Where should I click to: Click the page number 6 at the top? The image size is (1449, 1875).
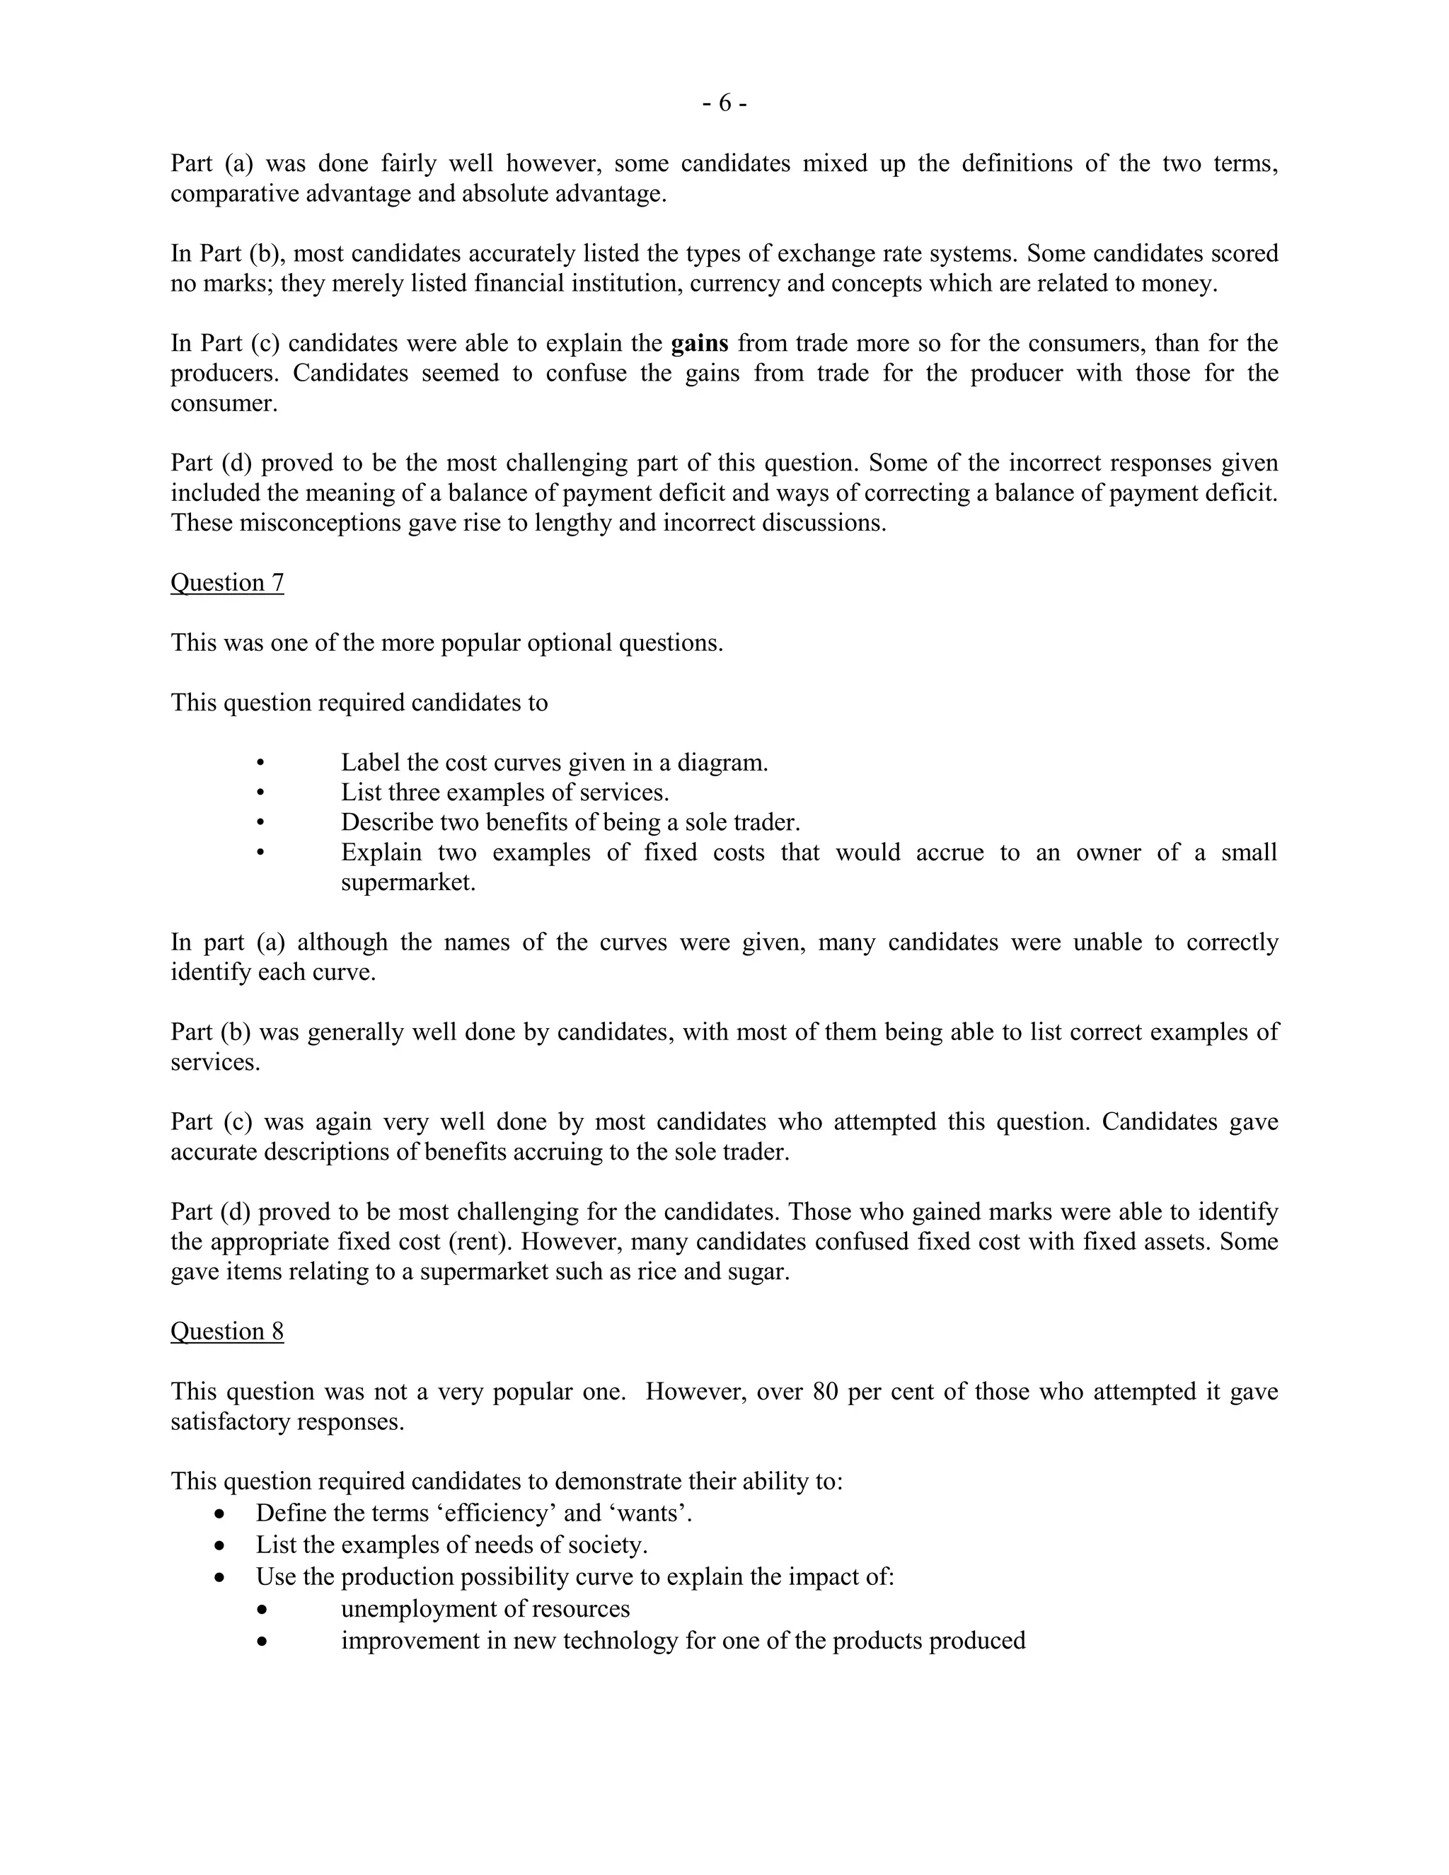pos(724,104)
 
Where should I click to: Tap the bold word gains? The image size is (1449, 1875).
pos(700,343)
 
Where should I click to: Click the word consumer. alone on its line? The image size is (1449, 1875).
pos(224,403)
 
